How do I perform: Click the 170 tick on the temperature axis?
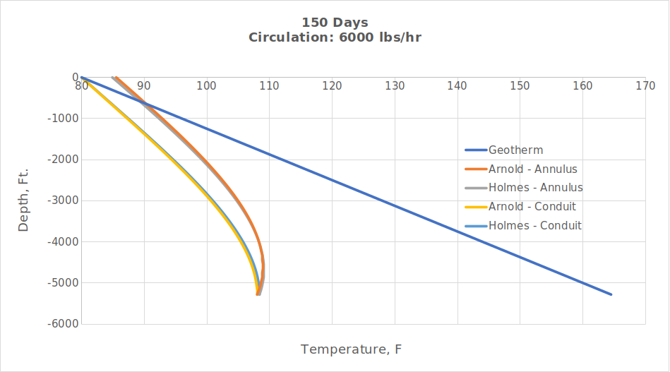(645, 86)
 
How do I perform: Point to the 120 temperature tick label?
(332, 86)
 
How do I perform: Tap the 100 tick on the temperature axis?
(206, 86)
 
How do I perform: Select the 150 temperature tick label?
(520, 86)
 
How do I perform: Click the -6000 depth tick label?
(64, 324)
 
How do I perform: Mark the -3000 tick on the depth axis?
(64, 200)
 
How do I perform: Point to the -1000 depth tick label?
(64, 119)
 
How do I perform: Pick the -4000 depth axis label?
(64, 241)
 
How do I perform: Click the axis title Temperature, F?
(351, 349)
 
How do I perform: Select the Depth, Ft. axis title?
(23, 200)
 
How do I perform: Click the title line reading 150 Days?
(335, 22)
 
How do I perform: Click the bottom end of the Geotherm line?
(611, 294)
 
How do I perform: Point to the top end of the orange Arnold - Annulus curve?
(116, 78)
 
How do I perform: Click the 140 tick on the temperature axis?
(457, 86)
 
